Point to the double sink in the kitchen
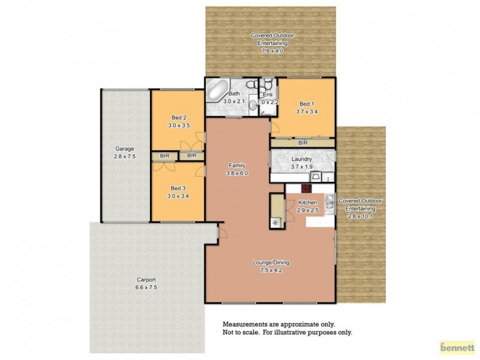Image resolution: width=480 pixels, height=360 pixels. pyautogui.click(x=329, y=204)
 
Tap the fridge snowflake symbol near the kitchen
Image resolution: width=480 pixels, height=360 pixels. pyautogui.click(x=276, y=223)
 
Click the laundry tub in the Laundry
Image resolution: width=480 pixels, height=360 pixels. pyautogui.click(x=316, y=176)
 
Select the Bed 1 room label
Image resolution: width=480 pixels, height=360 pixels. pyautogui.click(x=305, y=103)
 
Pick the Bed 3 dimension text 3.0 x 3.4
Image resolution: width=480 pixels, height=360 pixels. pyautogui.click(x=179, y=195)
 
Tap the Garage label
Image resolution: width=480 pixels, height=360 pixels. pyautogui.click(x=125, y=148)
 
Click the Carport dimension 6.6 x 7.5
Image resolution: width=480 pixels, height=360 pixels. pyautogui.click(x=146, y=287)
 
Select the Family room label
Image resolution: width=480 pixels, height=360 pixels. pyautogui.click(x=237, y=165)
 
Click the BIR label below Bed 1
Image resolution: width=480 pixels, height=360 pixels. pyautogui.click(x=303, y=143)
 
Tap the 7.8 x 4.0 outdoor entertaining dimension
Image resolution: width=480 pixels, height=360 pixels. pyautogui.click(x=272, y=51)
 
